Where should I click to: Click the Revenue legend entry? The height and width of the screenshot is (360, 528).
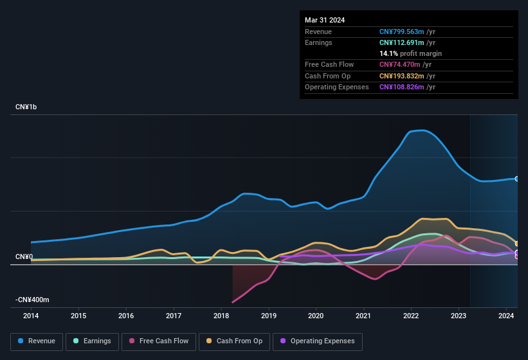pos(37,341)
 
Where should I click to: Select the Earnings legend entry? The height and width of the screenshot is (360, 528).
pos(92,341)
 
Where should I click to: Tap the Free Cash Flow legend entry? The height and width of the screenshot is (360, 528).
pos(158,341)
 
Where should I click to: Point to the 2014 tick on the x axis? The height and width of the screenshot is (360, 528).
pos(31,316)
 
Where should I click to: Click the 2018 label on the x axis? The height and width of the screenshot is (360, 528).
pos(221,316)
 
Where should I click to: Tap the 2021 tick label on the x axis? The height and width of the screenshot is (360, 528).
pos(363,316)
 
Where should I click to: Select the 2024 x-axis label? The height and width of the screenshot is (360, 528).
pos(506,316)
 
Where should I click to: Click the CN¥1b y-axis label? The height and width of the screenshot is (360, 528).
pos(26,107)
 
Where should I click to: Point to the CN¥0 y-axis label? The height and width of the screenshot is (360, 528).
pos(24,256)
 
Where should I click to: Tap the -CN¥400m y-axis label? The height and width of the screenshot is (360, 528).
pos(32,300)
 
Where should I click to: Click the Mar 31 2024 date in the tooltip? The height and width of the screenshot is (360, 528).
pos(325,20)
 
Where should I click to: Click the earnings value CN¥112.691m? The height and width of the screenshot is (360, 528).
pos(402,42)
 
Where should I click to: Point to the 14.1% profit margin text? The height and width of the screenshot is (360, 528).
pos(410,53)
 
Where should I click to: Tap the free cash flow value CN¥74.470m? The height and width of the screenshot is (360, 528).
pos(399,64)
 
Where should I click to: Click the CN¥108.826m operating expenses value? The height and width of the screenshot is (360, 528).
pos(402,87)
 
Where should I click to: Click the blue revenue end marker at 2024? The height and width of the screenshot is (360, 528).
pos(517,179)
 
